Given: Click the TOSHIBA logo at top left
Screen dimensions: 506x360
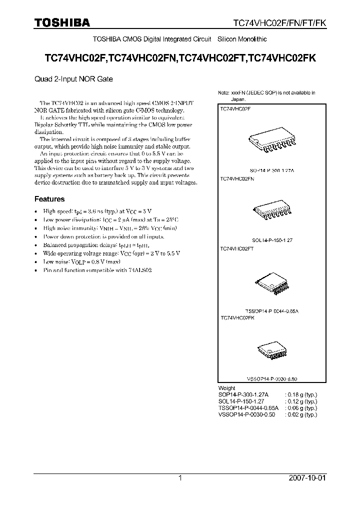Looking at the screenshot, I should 61,22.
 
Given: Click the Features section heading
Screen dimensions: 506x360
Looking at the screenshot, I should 49,199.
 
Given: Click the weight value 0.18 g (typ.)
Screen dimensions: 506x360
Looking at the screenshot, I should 301,394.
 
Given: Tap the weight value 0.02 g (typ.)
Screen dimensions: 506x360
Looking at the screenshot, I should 301,414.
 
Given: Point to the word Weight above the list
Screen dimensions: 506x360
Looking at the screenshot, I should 227,388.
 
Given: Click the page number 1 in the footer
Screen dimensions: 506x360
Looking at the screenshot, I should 180,478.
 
